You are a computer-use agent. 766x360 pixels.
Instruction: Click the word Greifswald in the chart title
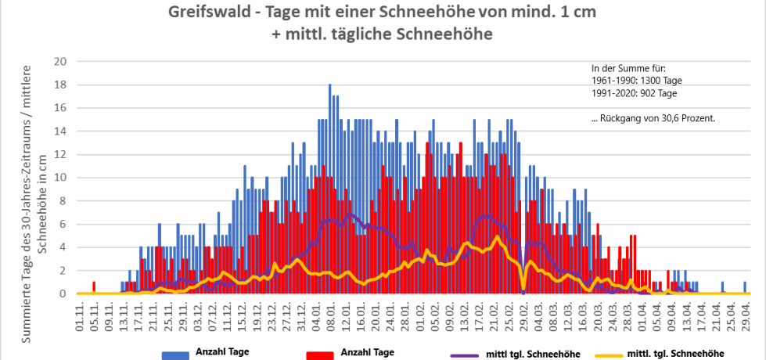click(x=205, y=13)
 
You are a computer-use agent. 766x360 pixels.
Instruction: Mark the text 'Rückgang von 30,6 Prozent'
click(x=657, y=118)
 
